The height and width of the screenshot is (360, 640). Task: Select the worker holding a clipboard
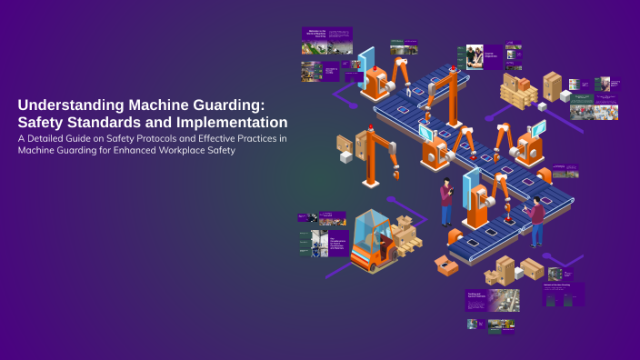[x=445, y=201]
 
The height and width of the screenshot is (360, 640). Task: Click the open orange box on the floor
[x=446, y=265]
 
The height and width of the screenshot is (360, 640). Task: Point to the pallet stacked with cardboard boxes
[x=518, y=91]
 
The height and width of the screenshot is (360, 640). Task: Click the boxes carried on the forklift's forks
[x=405, y=237]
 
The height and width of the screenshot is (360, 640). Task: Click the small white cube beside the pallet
[x=565, y=95]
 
